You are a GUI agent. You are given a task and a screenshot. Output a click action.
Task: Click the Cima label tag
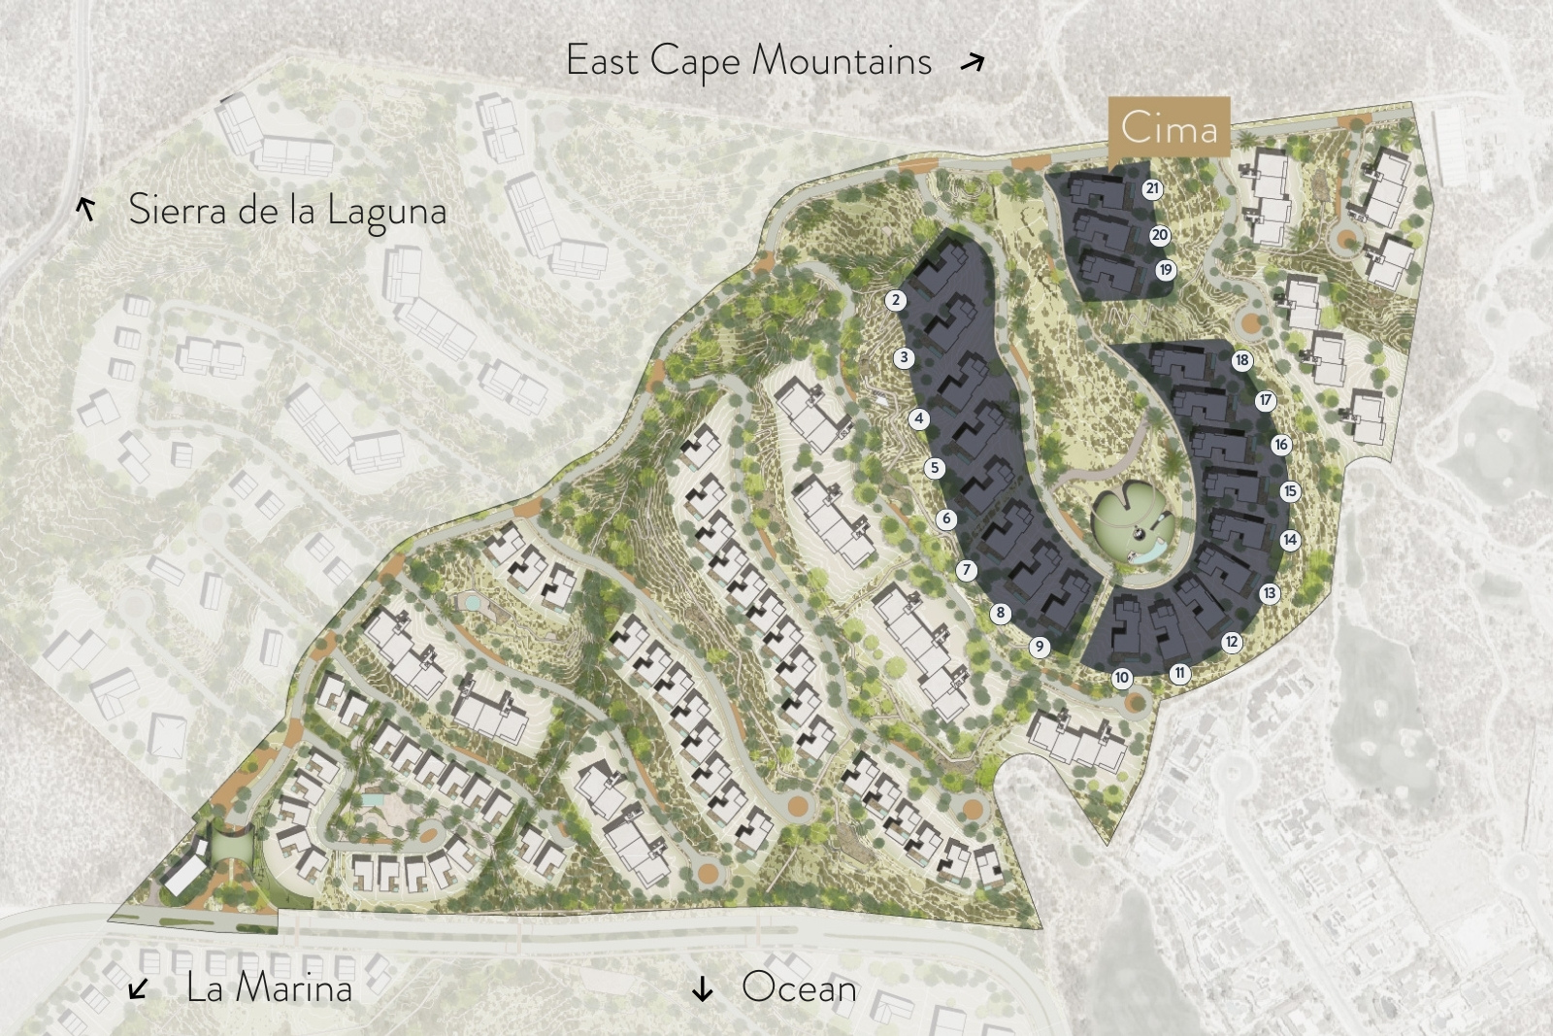point(1169,127)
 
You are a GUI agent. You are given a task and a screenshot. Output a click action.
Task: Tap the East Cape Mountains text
point(748,61)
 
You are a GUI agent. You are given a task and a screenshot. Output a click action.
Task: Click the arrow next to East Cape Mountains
point(973,63)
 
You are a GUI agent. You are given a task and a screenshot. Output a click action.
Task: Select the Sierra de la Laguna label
point(287,210)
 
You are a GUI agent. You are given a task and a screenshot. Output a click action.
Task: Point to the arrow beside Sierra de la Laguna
point(86,208)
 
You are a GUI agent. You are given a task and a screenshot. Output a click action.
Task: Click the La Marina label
point(269,987)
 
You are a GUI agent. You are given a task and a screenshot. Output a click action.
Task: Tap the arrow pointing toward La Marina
point(139,988)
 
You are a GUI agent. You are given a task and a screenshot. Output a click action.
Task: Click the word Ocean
point(799,987)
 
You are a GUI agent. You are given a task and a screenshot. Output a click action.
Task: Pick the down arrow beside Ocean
point(702,988)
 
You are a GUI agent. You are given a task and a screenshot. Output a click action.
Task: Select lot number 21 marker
point(1152,189)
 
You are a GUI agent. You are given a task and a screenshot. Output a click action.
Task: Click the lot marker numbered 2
point(895,300)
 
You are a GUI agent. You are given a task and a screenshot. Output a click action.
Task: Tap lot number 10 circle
point(1122,678)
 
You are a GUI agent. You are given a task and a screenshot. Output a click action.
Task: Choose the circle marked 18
point(1242,360)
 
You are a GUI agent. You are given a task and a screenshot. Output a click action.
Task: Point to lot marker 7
point(966,570)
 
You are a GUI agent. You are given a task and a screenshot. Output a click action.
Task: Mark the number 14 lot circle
point(1290,540)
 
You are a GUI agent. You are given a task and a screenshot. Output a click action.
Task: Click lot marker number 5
point(935,468)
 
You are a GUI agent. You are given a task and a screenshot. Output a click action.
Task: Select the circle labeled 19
point(1166,270)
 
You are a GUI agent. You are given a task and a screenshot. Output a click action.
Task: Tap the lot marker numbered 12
point(1232,642)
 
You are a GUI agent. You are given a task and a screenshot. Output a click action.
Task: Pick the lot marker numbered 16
point(1281,445)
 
